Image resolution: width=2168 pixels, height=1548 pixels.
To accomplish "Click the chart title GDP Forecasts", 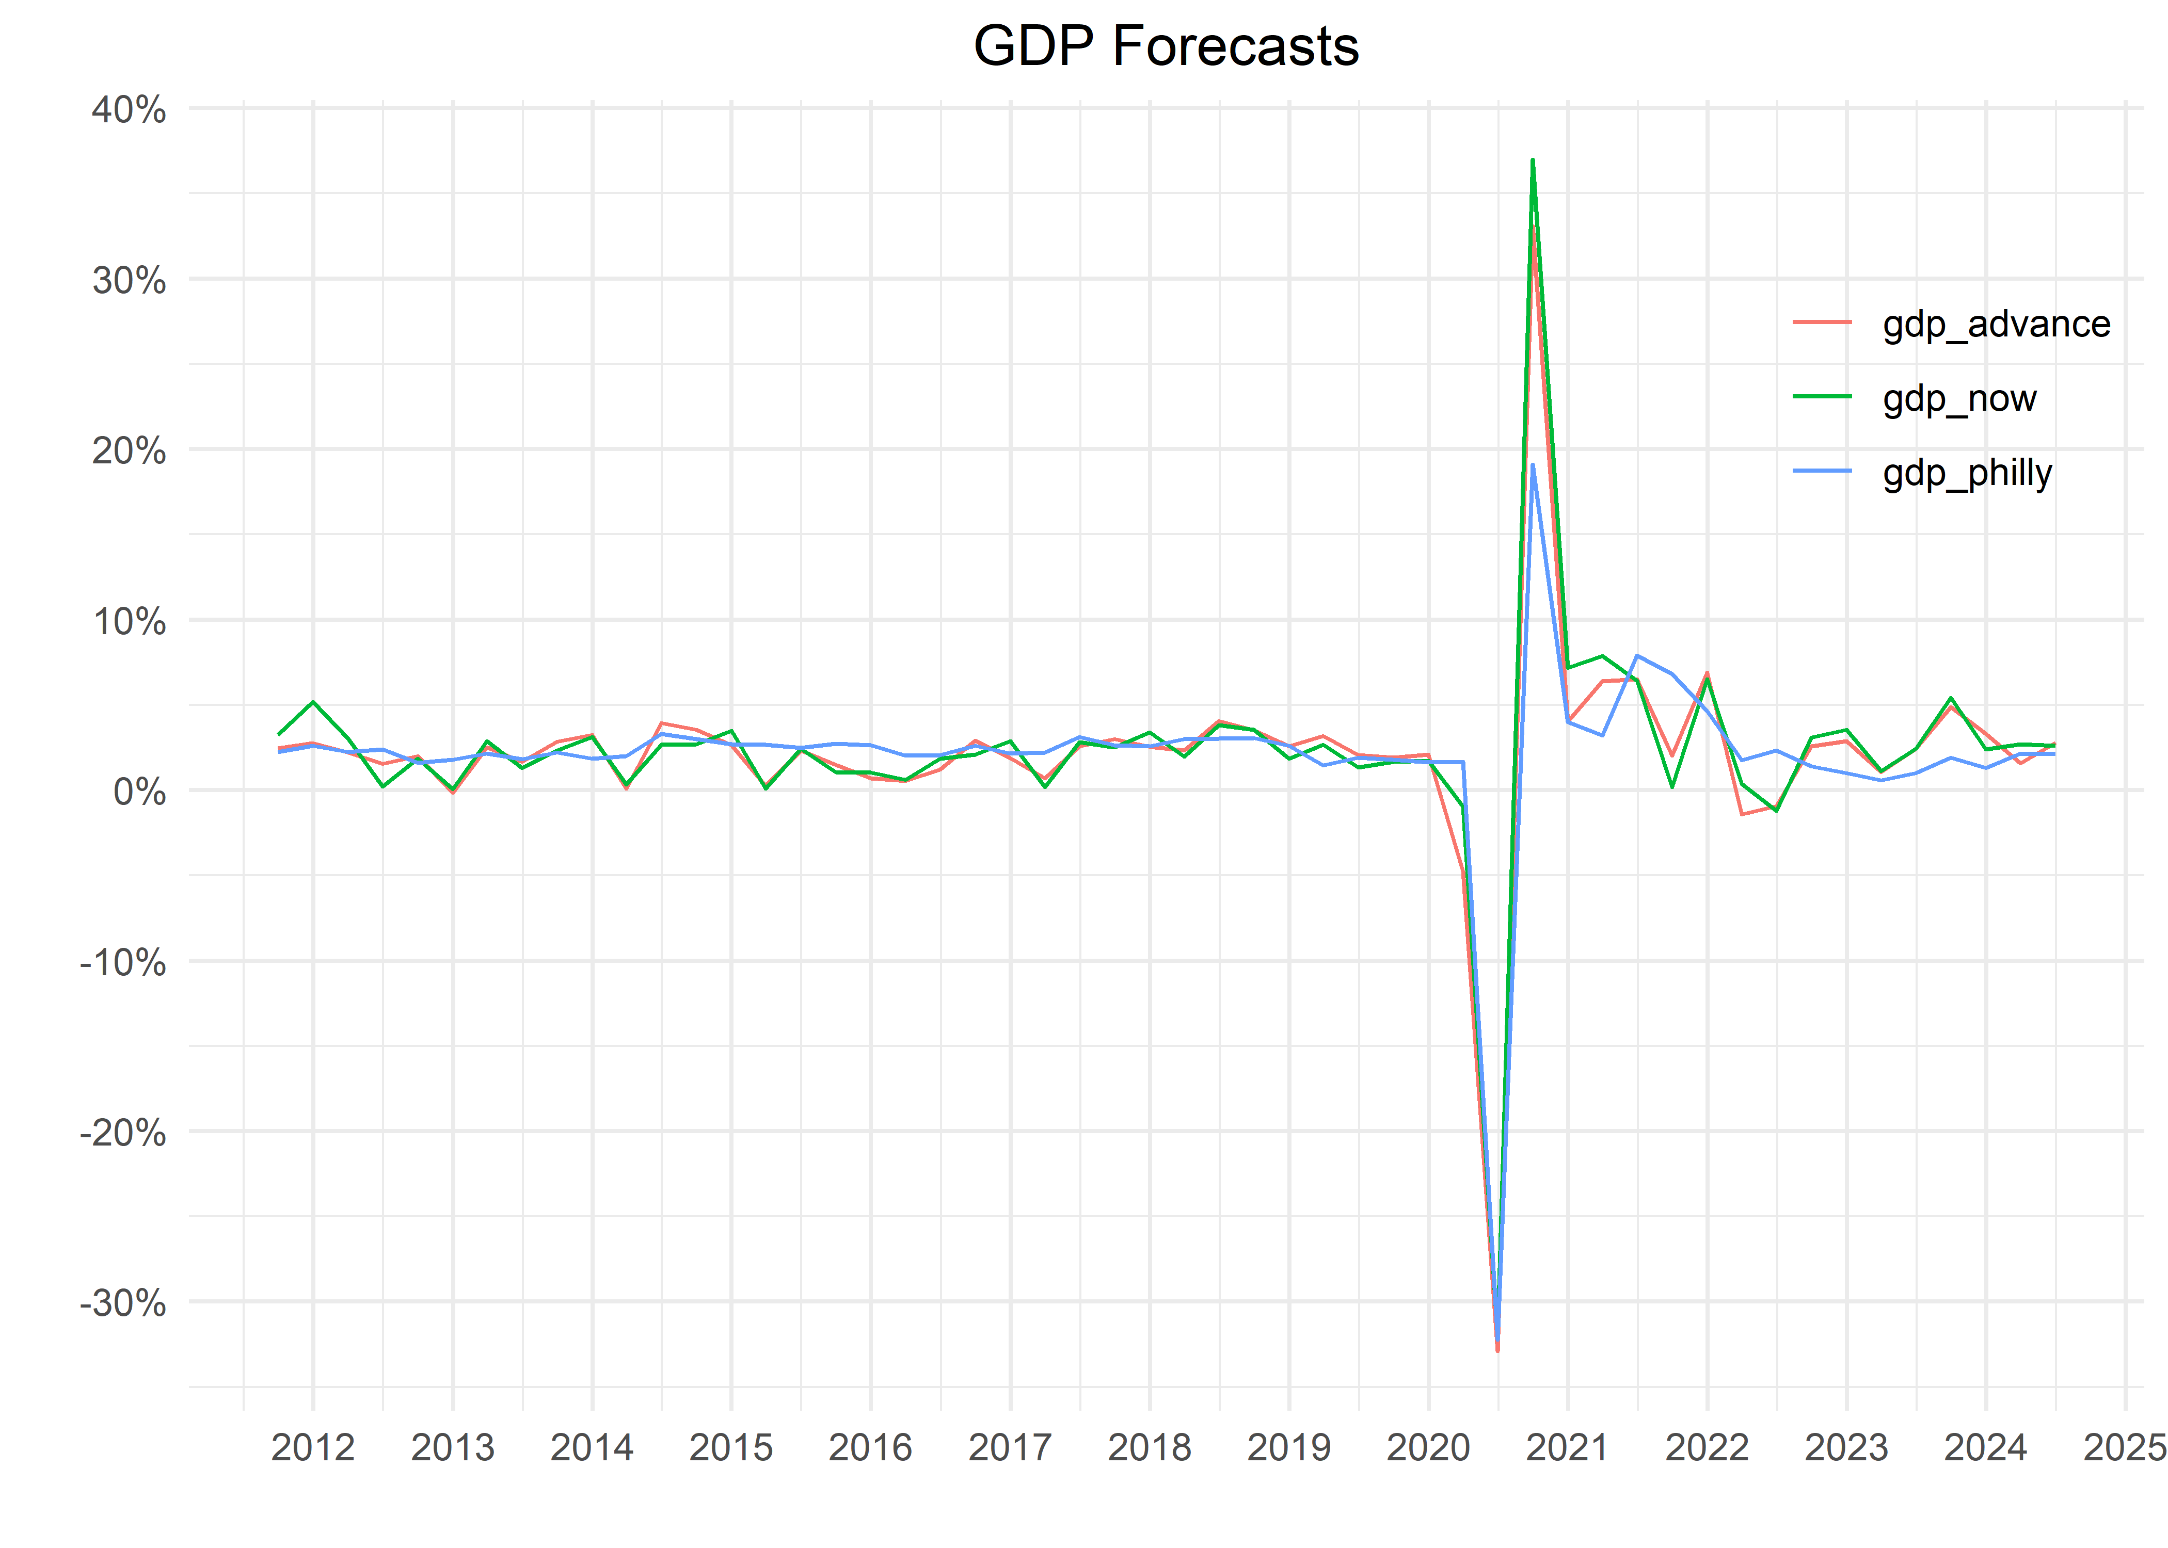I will pos(1165,46).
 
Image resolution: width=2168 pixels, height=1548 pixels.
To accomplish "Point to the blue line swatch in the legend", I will pos(1822,471).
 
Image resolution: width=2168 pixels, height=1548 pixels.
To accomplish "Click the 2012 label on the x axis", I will pos(313,1448).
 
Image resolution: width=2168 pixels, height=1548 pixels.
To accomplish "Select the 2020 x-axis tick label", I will pos(1427,1448).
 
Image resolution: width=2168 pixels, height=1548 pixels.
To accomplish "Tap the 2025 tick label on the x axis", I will pos(2124,1448).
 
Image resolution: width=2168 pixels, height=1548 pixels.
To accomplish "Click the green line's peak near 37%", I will pos(1532,160).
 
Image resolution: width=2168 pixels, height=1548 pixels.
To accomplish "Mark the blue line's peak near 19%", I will pos(1532,465).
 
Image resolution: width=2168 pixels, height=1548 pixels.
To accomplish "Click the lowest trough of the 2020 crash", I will pos(1498,1350).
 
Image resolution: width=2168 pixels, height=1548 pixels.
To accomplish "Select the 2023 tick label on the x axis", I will pos(1846,1448).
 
